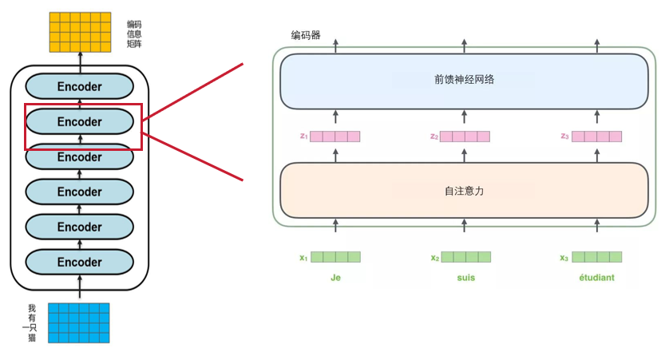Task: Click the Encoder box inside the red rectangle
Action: [80, 122]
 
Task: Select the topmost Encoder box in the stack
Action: [80, 86]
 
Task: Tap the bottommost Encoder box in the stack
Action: [80, 262]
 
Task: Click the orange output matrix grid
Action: [79, 32]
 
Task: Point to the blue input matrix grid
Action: [79, 322]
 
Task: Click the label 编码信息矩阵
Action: [134, 34]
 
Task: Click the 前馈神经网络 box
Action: [463, 80]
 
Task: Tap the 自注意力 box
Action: [463, 192]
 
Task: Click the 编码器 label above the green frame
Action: [306, 35]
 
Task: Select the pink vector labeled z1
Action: [335, 136]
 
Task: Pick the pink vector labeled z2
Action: [465, 136]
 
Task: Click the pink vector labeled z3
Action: [596, 136]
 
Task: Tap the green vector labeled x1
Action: [335, 257]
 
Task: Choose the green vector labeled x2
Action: [465, 257]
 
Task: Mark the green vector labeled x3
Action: [596, 257]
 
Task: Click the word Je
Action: [335, 279]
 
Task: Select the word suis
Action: [465, 279]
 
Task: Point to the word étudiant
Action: [596, 279]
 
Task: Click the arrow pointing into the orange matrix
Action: [79, 59]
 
